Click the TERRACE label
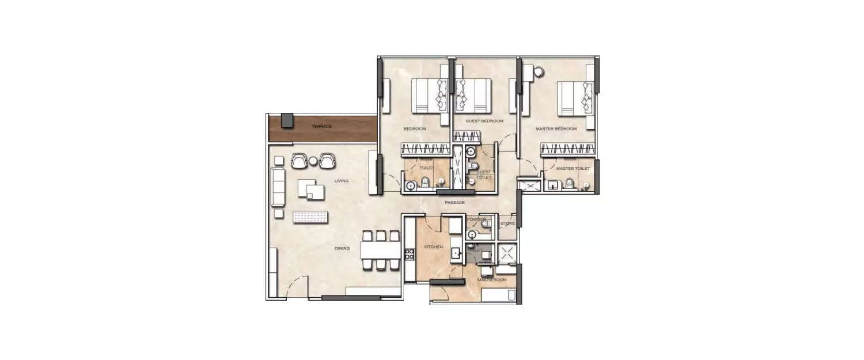321,126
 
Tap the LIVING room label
342,181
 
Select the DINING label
342,249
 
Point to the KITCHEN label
433,247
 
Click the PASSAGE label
454,203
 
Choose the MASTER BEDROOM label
556,129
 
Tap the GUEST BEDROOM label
484,121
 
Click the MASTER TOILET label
573,169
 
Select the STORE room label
507,223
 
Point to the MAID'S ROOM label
491,280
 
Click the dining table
380,251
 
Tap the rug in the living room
310,217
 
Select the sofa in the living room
278,187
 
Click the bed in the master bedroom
574,98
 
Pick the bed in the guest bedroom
473,95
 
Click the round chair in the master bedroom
539,72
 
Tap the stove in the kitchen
410,254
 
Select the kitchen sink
455,253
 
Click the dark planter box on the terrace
287,120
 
